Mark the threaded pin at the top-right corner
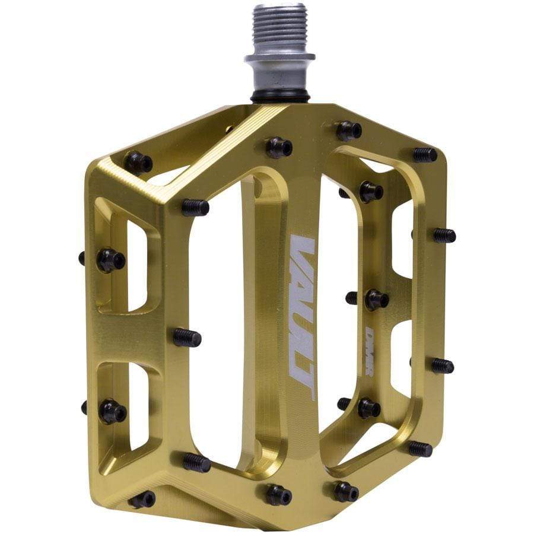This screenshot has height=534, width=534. click(x=425, y=155)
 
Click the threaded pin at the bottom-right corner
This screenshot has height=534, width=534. click(x=419, y=449)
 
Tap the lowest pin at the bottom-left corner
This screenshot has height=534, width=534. click(x=142, y=499)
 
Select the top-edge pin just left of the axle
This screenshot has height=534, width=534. click(x=279, y=147)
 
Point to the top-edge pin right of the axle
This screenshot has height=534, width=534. click(x=349, y=130)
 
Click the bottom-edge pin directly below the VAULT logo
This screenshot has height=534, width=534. click(x=278, y=494)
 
